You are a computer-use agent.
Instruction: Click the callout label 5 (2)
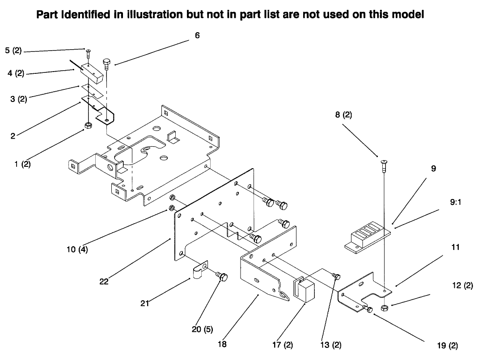click(x=13, y=51)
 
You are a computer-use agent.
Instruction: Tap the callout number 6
click(x=197, y=35)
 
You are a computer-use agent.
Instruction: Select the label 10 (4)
click(x=77, y=250)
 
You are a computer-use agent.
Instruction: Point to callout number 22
click(x=104, y=282)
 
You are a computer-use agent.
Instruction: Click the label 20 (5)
click(x=202, y=330)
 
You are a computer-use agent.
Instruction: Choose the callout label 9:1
click(x=456, y=202)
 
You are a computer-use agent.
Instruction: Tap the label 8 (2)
click(x=343, y=115)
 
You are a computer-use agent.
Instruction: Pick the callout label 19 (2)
click(x=447, y=346)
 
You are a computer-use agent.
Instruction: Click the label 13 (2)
click(x=331, y=345)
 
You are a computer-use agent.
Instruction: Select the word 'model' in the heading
click(x=407, y=15)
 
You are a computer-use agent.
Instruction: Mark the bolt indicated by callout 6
click(x=106, y=63)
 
